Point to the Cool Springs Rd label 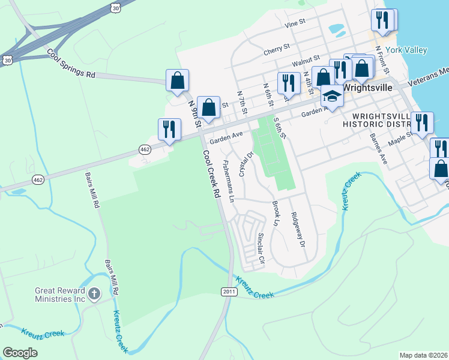[71, 64]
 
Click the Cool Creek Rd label [209, 175]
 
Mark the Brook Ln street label [276, 214]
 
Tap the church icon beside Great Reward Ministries [94, 293]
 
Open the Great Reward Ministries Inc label [60, 294]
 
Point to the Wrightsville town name [367, 87]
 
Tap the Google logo [20, 353]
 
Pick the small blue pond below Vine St [337, 28]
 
